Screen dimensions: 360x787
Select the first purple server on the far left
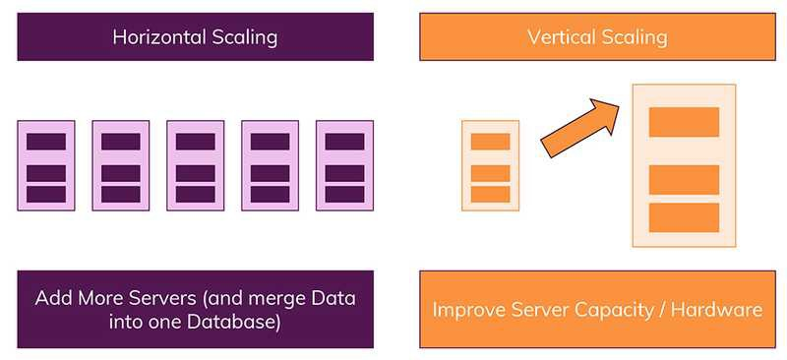pyautogui.click(x=45, y=165)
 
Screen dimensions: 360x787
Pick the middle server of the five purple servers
pyautogui.click(x=195, y=165)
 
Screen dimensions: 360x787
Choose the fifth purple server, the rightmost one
pyautogui.click(x=344, y=165)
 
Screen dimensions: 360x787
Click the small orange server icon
pyautogui.click(x=490, y=165)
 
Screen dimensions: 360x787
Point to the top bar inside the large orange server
pyautogui.click(x=684, y=122)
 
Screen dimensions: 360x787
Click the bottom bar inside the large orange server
pyautogui.click(x=684, y=217)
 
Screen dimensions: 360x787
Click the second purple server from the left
pyautogui.click(x=120, y=165)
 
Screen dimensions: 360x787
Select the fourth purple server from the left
pyautogui.click(x=270, y=165)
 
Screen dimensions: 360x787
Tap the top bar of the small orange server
pyautogui.click(x=490, y=142)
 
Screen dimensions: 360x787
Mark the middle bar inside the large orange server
pyautogui.click(x=684, y=180)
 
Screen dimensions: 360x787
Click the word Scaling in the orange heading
pyautogui.click(x=636, y=37)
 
